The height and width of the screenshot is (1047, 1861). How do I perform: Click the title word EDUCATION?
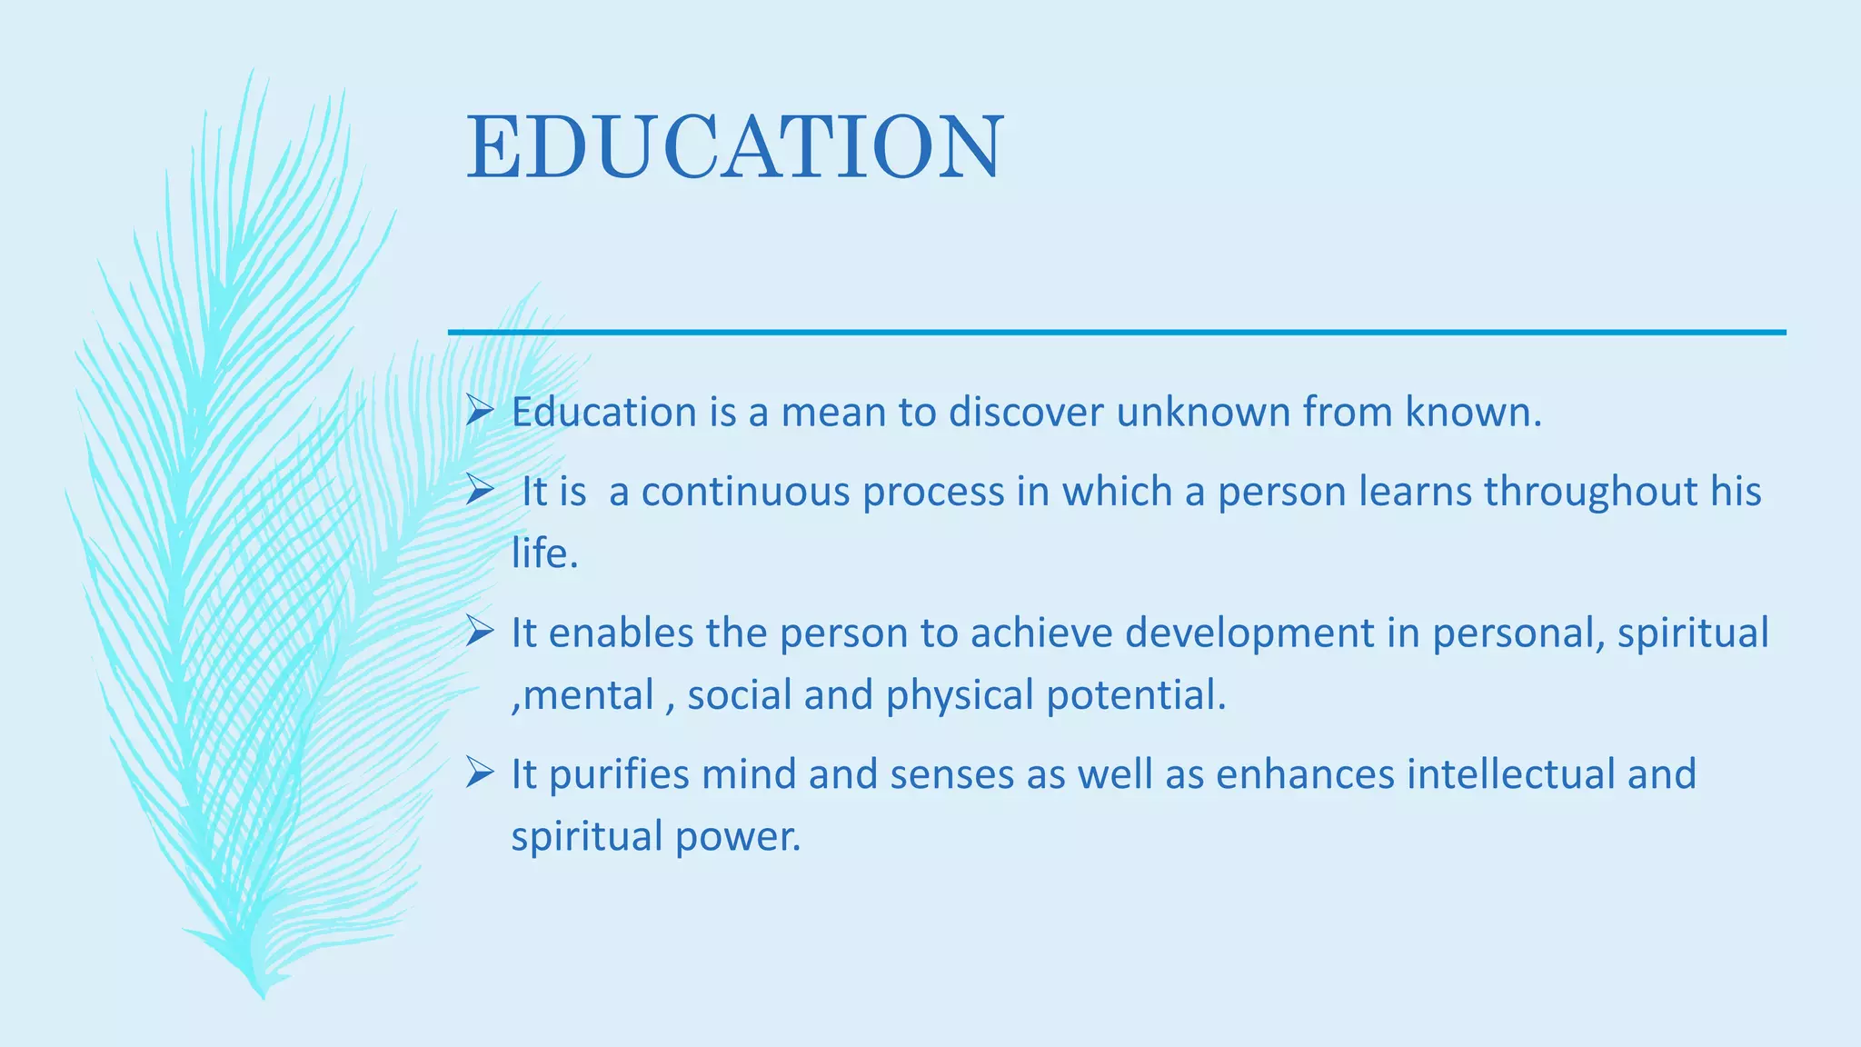point(734,147)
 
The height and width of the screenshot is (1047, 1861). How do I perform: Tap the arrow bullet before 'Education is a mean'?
point(479,411)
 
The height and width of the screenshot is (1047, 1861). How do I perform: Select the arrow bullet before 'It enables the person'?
point(479,631)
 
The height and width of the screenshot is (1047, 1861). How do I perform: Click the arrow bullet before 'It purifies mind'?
point(479,773)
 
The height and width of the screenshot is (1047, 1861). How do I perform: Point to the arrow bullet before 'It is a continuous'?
point(479,490)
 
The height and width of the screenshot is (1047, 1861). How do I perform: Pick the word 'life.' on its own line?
point(544,553)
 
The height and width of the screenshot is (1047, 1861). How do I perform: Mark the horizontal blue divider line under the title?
point(1116,333)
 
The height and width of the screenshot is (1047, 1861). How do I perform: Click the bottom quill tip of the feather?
point(263,994)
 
